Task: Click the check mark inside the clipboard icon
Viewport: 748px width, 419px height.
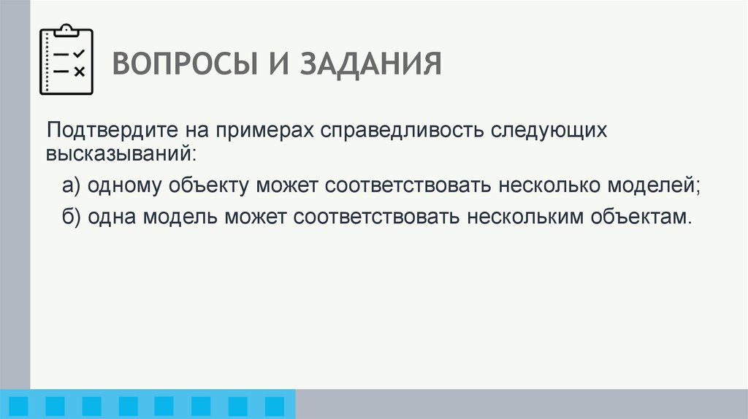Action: [79, 53]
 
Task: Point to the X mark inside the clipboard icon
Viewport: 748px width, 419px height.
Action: [79, 71]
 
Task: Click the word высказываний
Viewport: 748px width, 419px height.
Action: [121, 154]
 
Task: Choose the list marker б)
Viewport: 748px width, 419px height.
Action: [72, 217]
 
